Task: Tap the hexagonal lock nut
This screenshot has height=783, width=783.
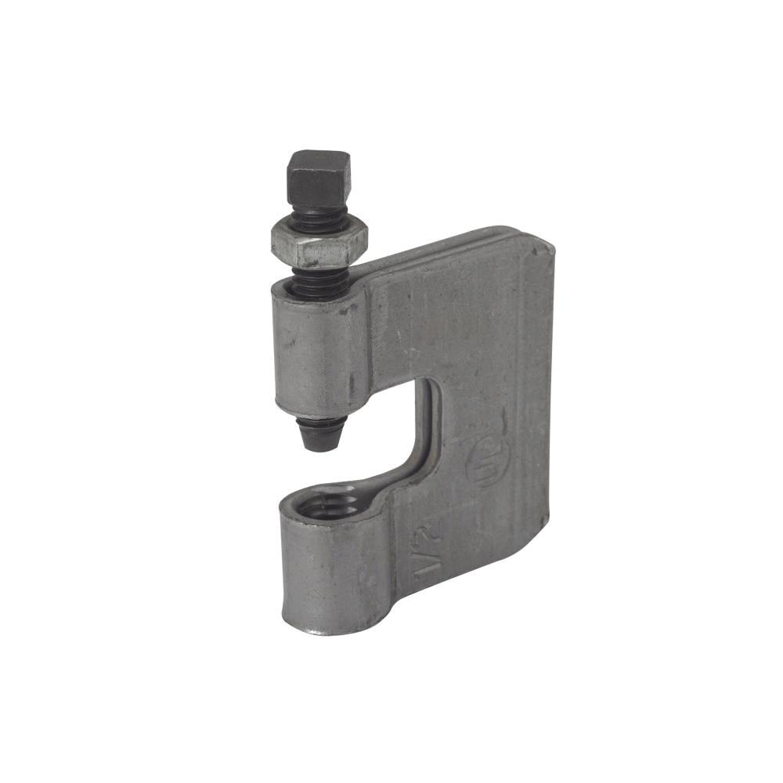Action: click(x=313, y=243)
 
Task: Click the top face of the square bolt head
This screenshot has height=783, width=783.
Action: click(x=317, y=160)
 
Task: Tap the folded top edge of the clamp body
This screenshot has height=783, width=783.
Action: click(x=454, y=240)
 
